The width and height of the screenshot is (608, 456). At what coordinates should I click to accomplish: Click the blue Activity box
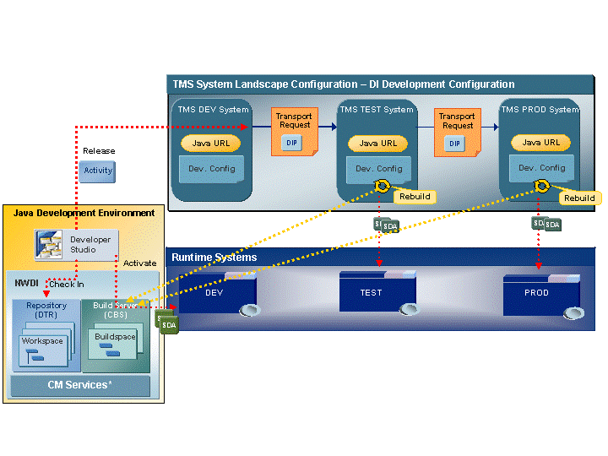tap(98, 171)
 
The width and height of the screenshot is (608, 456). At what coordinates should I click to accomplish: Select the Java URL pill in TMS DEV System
tap(211, 144)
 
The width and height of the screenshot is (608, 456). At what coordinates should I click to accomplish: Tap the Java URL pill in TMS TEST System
tap(377, 144)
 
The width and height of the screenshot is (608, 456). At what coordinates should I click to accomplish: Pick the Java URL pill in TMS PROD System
tap(541, 143)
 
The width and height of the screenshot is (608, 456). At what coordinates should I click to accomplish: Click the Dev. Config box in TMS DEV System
tap(211, 169)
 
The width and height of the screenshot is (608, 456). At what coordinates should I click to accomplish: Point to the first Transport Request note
tap(294, 131)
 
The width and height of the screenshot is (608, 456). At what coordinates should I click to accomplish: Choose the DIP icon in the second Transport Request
tap(455, 144)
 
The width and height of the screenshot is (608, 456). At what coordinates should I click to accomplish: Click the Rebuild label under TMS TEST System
tap(414, 197)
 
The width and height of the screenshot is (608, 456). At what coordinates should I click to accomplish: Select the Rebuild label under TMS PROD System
tap(579, 198)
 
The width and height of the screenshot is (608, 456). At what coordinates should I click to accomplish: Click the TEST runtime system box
tap(372, 292)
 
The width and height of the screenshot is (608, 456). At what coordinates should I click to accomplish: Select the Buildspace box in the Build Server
tap(115, 343)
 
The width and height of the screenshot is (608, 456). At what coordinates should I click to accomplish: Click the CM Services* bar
tap(79, 385)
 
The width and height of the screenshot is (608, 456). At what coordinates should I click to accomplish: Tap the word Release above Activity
tap(99, 151)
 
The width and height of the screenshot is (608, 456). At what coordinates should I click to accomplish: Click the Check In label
tap(66, 285)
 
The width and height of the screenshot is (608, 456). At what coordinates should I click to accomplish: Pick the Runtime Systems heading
tap(214, 258)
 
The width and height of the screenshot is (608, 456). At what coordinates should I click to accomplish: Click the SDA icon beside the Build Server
tap(168, 323)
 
